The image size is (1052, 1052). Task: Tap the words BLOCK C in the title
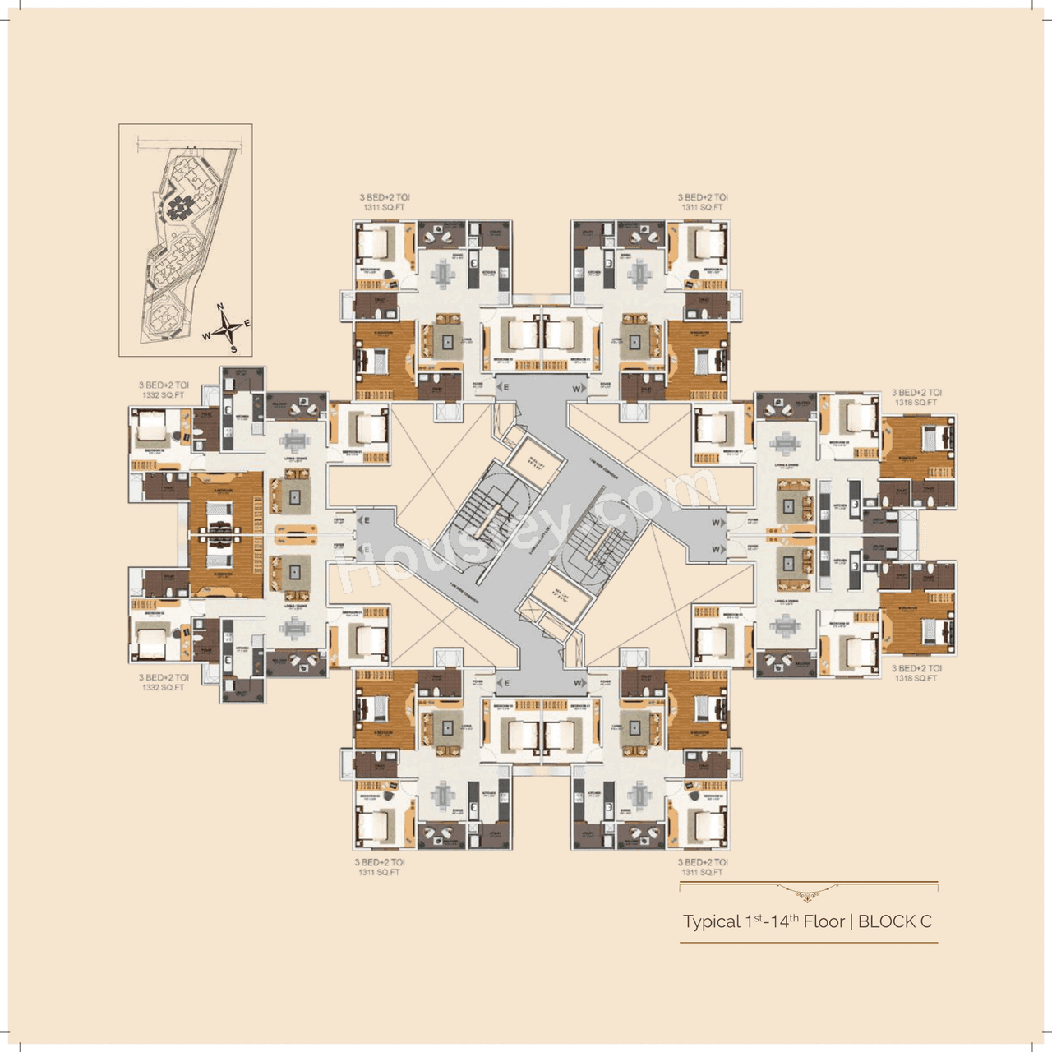[x=895, y=921]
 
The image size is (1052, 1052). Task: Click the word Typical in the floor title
[x=712, y=922]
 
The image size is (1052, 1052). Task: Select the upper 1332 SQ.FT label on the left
[x=163, y=395]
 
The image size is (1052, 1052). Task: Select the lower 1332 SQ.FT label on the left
[x=163, y=688]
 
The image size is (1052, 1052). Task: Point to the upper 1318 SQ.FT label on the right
[x=916, y=403]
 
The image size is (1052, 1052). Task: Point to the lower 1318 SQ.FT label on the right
[x=916, y=679]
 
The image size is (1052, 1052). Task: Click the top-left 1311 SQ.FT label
[x=384, y=208]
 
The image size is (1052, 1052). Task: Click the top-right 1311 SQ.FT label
[x=703, y=208]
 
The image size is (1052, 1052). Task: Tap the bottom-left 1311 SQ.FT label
[x=379, y=873]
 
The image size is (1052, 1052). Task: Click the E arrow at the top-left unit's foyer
[x=504, y=387]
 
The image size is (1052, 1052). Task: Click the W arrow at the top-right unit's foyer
[x=579, y=388]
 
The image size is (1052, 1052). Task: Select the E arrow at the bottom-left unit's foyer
[x=504, y=683]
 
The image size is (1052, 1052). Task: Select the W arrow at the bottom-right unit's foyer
[x=579, y=683]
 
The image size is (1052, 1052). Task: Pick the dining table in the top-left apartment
[x=444, y=274]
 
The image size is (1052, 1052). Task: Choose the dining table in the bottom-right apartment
[x=640, y=795]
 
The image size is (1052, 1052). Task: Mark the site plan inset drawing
[x=185, y=240]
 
